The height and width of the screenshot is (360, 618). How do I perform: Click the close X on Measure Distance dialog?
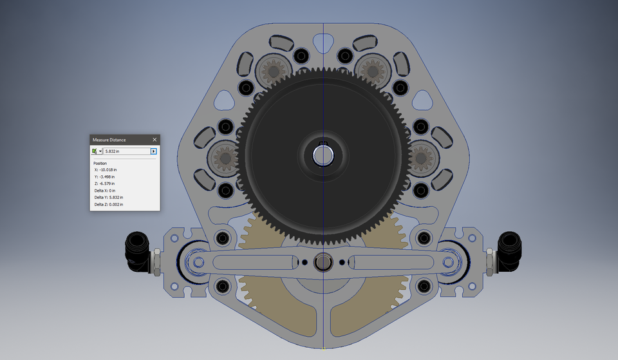pyautogui.click(x=154, y=140)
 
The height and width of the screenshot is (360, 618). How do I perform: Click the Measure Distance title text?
pyautogui.click(x=109, y=140)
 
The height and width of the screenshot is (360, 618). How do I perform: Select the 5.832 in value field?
pyautogui.click(x=126, y=151)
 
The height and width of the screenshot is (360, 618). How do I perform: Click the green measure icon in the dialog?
pyautogui.click(x=95, y=151)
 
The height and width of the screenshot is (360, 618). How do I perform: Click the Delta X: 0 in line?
pyautogui.click(x=104, y=191)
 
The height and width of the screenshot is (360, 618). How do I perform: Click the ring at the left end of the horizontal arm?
pyautogui.click(x=195, y=262)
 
